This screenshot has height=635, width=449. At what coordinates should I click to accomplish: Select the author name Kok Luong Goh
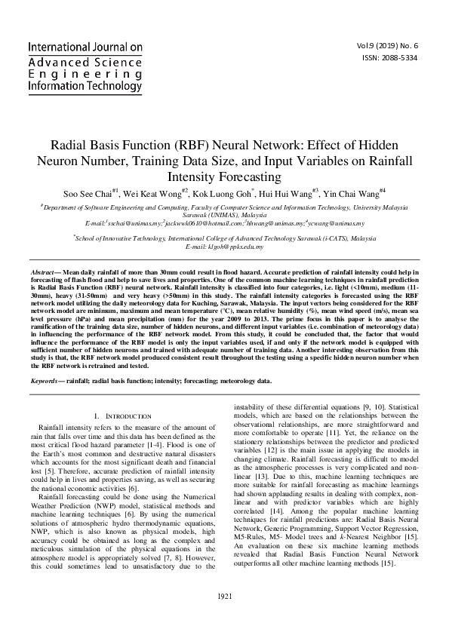232,193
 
